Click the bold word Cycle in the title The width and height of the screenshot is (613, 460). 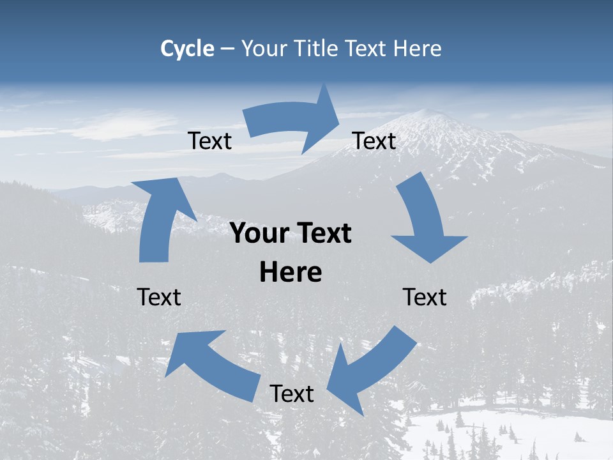(x=187, y=48)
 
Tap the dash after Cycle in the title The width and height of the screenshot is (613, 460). (x=228, y=49)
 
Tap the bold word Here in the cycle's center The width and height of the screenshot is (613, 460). (x=291, y=272)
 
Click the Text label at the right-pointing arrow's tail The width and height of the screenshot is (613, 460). (x=210, y=141)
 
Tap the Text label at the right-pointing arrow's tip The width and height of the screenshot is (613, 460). (x=374, y=141)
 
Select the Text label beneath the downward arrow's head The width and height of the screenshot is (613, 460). (x=425, y=297)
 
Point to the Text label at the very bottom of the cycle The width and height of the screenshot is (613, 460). (x=292, y=394)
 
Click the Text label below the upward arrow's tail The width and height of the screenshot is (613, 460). (x=160, y=297)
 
